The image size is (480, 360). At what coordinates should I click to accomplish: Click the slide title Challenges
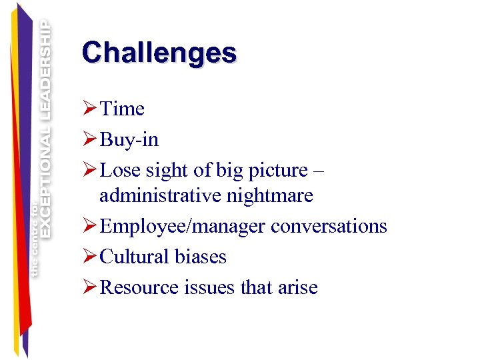click(159, 53)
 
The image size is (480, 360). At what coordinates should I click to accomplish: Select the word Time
click(122, 109)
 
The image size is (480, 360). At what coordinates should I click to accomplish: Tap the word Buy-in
click(129, 139)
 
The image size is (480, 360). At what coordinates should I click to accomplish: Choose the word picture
click(275, 171)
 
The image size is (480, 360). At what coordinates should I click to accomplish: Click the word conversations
click(329, 226)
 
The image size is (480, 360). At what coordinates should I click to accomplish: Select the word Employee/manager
click(183, 227)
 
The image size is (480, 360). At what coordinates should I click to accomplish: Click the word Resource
click(139, 287)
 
